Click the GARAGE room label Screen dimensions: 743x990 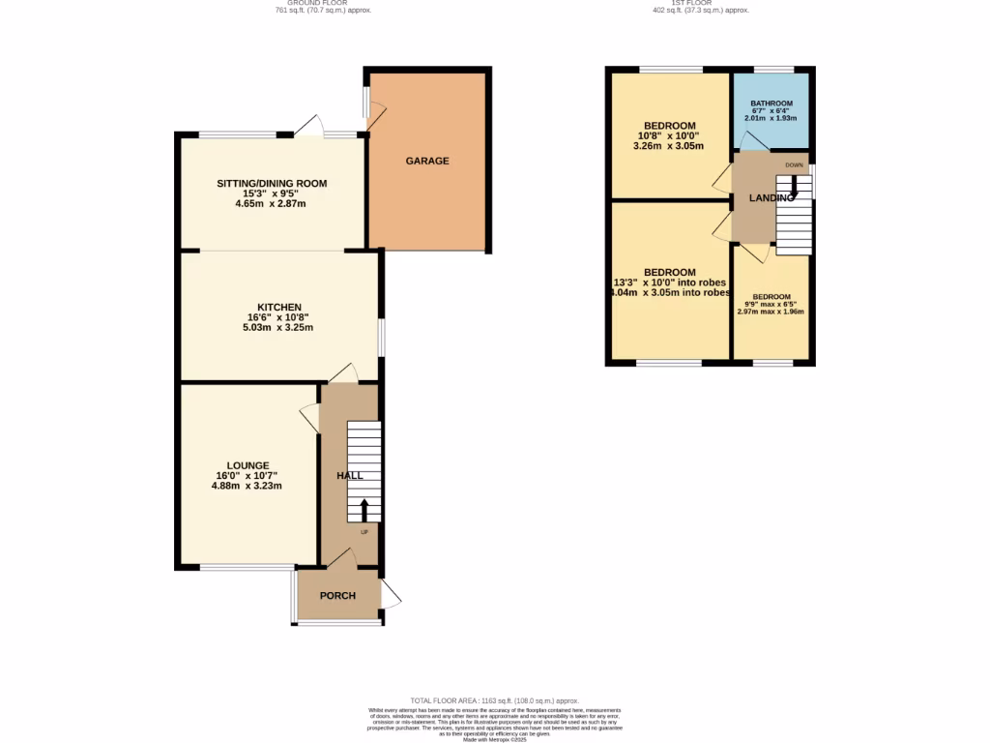pos(426,161)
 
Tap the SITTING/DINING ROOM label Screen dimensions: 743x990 pos(272,184)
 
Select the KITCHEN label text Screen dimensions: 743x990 pos(278,308)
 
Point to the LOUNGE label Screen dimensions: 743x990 pos(248,465)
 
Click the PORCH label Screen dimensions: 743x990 pos(337,595)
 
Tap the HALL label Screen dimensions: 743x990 pos(349,476)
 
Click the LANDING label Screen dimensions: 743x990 pos(771,198)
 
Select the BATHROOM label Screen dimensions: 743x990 pos(772,104)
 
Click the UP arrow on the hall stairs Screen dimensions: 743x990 pos(364,510)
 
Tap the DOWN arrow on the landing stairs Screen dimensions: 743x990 pos(794,182)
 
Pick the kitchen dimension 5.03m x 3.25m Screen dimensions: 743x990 pos(277,328)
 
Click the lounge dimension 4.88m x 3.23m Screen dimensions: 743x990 pos(247,486)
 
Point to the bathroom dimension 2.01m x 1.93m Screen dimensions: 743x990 pos(772,118)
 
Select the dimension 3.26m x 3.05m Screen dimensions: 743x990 pos(668,146)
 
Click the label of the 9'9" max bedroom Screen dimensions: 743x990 pos(772,297)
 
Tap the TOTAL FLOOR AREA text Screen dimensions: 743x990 pos(494,700)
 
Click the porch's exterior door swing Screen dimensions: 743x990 pos(391,596)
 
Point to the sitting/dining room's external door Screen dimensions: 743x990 pos(309,125)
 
